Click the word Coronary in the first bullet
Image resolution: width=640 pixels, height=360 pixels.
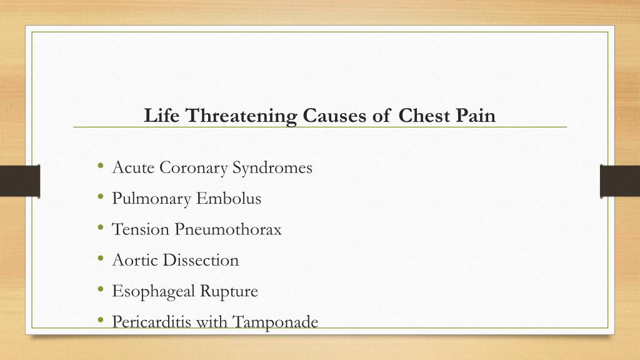click(194, 168)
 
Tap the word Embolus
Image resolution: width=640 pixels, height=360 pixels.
click(229, 199)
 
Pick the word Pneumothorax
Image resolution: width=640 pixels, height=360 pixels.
click(228, 229)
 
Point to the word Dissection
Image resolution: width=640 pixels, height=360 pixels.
click(201, 260)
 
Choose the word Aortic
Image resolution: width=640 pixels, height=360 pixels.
click(135, 260)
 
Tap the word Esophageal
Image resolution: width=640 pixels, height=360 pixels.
click(154, 291)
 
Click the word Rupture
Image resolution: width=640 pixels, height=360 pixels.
click(229, 291)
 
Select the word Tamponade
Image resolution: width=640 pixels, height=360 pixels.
click(275, 322)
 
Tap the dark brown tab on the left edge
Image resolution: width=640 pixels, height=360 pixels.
click(19, 181)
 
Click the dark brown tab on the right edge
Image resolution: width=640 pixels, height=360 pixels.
click(620, 181)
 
